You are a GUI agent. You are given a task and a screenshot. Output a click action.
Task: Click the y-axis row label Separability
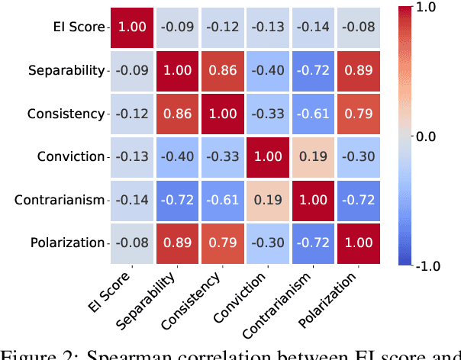tap(67, 71)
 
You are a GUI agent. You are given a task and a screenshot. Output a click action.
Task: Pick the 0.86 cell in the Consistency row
tap(177, 114)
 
